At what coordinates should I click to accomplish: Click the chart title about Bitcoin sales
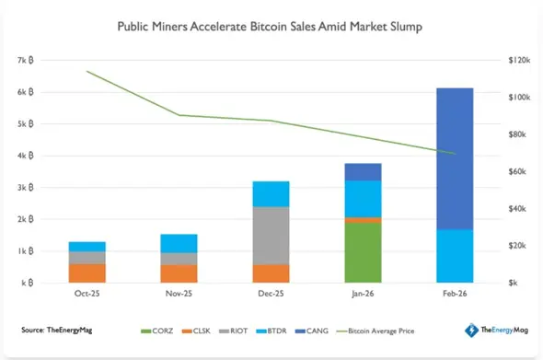271,27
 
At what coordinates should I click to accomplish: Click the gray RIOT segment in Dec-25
271,236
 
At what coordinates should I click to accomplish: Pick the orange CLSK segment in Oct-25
87,273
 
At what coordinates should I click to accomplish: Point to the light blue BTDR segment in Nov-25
179,243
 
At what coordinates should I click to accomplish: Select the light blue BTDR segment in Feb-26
455,256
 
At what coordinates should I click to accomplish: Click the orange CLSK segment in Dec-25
271,273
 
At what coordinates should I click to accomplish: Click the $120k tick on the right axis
520,60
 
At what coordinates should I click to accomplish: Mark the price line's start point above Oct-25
87,71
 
